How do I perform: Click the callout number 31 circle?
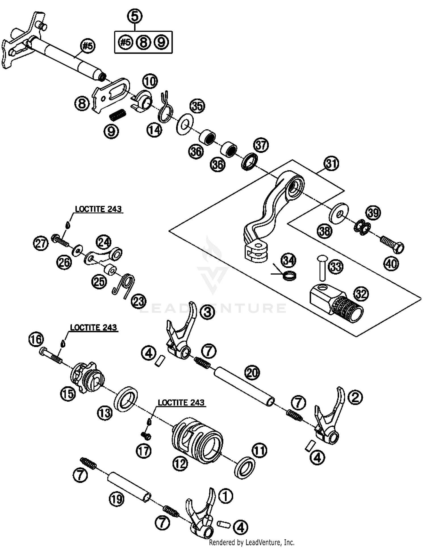(331, 164)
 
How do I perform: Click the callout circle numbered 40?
(391, 264)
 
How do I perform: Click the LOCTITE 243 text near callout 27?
(98, 209)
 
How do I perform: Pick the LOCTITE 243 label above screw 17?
(181, 402)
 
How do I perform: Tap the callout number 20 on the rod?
(252, 373)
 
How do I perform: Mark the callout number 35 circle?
(197, 106)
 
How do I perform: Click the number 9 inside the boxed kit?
(161, 42)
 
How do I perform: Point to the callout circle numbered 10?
(150, 82)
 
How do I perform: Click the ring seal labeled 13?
(126, 399)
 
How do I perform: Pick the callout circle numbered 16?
(36, 339)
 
